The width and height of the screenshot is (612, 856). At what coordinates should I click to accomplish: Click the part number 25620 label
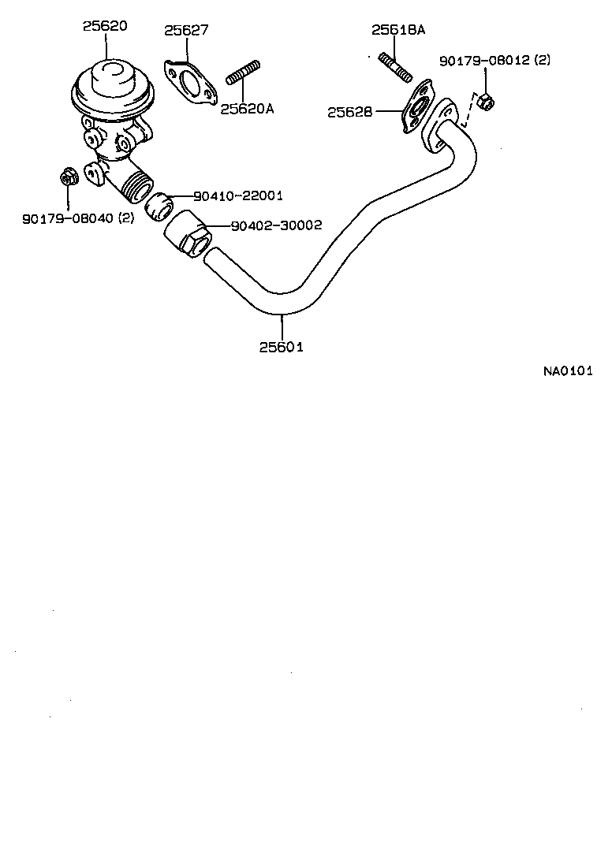[105, 25]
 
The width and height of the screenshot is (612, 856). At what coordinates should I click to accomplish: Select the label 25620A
[246, 109]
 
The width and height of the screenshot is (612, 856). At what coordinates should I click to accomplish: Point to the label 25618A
[398, 30]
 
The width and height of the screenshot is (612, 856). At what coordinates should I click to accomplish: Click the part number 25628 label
[350, 113]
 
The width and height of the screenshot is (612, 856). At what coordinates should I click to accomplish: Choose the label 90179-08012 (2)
[495, 60]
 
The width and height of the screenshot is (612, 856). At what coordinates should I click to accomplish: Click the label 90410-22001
[237, 195]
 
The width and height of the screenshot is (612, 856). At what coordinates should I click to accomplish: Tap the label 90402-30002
[276, 225]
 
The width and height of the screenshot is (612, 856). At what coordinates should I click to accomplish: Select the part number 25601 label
[281, 346]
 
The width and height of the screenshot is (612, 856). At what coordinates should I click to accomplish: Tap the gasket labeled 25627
[188, 82]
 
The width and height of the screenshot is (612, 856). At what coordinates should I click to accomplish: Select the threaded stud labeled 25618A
[395, 66]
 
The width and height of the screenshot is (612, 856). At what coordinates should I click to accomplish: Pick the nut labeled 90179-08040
[68, 177]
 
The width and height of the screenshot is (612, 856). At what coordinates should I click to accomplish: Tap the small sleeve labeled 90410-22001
[162, 203]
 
